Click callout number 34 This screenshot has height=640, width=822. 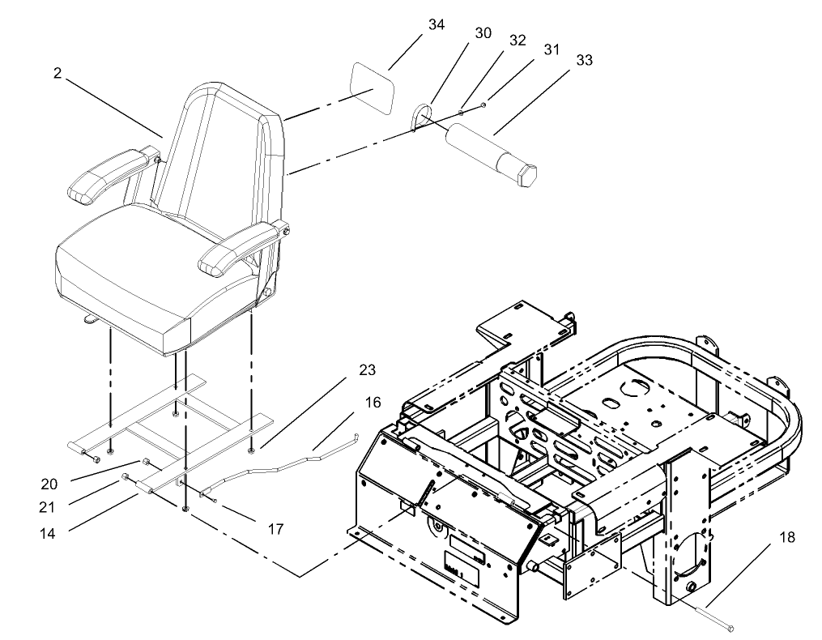pos(437,25)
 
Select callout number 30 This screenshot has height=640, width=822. pos(483,32)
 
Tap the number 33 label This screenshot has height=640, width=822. pos(584,60)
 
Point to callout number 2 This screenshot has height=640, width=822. pos(57,73)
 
